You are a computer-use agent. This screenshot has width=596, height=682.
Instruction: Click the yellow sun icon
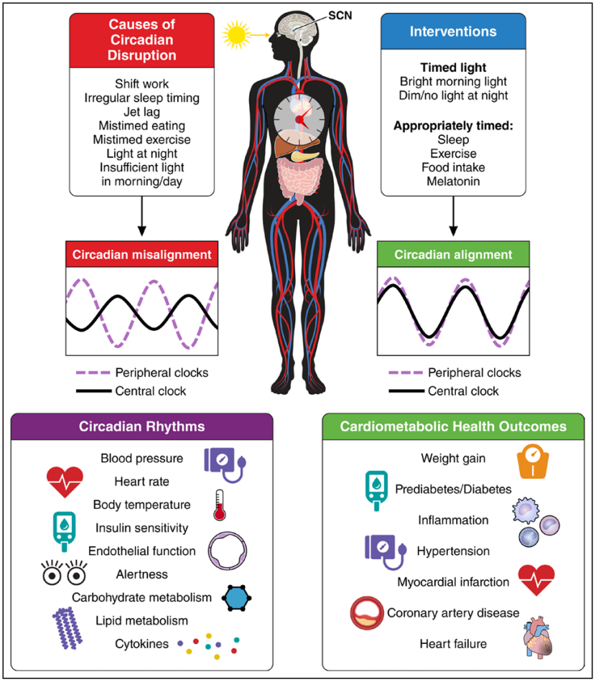(x=236, y=35)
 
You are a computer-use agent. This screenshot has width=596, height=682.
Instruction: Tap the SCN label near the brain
(x=340, y=16)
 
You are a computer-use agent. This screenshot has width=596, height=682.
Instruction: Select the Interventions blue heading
(x=453, y=32)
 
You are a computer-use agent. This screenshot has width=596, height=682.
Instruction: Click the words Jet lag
(x=142, y=112)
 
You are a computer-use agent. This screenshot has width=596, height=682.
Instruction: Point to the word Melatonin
(x=453, y=182)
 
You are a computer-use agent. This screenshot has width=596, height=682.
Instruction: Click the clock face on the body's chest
(x=299, y=118)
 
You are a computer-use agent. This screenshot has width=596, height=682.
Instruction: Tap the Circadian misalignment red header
(x=142, y=254)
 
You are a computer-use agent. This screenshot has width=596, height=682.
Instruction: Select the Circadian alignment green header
(x=453, y=254)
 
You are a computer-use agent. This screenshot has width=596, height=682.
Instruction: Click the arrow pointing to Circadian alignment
(x=453, y=216)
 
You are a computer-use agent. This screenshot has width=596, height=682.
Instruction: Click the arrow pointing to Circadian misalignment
(x=142, y=216)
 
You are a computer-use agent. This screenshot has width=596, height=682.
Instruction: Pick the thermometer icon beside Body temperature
(x=219, y=505)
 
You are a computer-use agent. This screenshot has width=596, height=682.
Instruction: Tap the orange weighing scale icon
(x=533, y=461)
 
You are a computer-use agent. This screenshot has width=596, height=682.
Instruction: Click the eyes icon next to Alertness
(x=64, y=571)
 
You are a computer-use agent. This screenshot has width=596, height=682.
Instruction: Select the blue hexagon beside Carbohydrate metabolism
(x=236, y=598)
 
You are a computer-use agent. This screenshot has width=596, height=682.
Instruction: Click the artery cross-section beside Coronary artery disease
(x=367, y=613)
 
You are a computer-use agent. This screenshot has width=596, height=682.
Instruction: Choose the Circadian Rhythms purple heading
(x=142, y=426)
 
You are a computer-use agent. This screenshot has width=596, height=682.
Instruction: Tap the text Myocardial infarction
(x=453, y=582)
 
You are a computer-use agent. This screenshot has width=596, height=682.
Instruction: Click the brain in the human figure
(x=297, y=27)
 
